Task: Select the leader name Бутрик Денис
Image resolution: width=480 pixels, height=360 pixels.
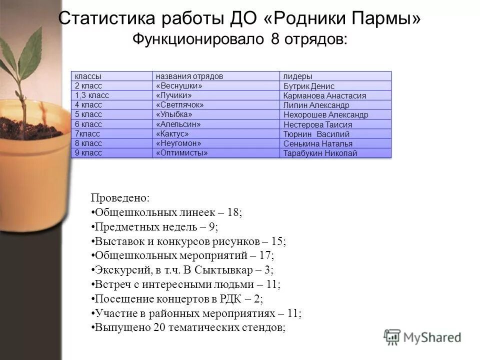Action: tap(308, 86)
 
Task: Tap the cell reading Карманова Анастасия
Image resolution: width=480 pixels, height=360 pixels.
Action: tap(324, 96)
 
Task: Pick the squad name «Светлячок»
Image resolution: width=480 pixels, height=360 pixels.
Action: tap(180, 105)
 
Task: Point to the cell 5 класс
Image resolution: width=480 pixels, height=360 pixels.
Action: tap(88, 114)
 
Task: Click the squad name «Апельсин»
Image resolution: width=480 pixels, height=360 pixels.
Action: tap(178, 124)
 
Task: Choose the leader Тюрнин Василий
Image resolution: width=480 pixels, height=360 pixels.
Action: tap(316, 134)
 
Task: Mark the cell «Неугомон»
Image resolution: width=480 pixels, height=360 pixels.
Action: tap(178, 143)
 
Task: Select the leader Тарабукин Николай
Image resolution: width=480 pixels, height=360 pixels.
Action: tap(320, 153)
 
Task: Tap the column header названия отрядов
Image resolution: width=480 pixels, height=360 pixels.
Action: tap(189, 76)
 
